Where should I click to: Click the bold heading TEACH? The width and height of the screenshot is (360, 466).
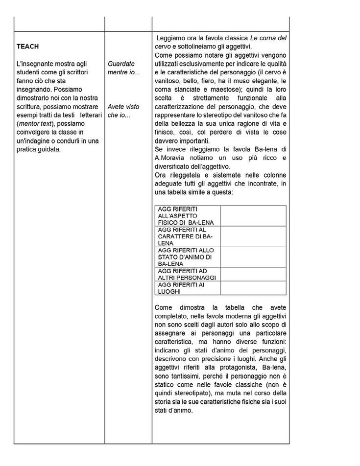[27, 47]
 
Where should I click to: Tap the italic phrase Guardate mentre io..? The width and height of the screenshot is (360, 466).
[123, 69]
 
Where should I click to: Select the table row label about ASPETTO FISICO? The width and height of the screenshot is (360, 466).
[186, 215]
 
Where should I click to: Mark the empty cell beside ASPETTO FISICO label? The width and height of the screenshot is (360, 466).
[253, 215]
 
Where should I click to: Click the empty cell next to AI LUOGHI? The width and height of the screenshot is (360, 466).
[253, 288]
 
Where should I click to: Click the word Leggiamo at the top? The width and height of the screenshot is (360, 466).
[172, 38]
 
